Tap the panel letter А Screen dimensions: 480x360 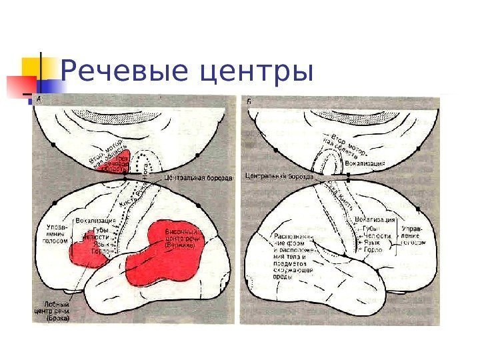coord(38,99)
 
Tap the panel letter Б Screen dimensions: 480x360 coord(249,100)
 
